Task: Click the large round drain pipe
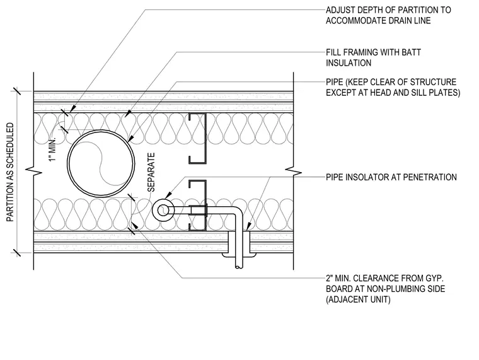68,163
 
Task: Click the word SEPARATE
151,172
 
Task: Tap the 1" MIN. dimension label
53,149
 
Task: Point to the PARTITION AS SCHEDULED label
10,172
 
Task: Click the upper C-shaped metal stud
205,138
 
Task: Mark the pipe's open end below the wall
239,267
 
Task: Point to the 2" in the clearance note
329,279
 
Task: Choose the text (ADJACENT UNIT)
358,299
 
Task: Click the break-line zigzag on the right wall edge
293,171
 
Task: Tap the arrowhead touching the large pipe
130,139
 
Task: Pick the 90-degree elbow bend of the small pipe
237,211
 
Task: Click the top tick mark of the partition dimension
16,91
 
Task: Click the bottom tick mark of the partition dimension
16,253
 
